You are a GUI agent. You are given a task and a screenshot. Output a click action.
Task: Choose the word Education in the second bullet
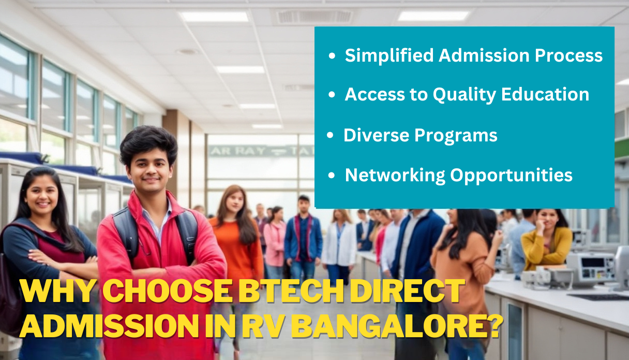click(552, 94)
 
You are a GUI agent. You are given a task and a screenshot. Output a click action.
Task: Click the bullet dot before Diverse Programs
click(330, 136)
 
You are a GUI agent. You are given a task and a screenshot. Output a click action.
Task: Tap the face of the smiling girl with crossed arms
click(41, 197)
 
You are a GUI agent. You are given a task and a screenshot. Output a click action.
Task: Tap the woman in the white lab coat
click(340, 243)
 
